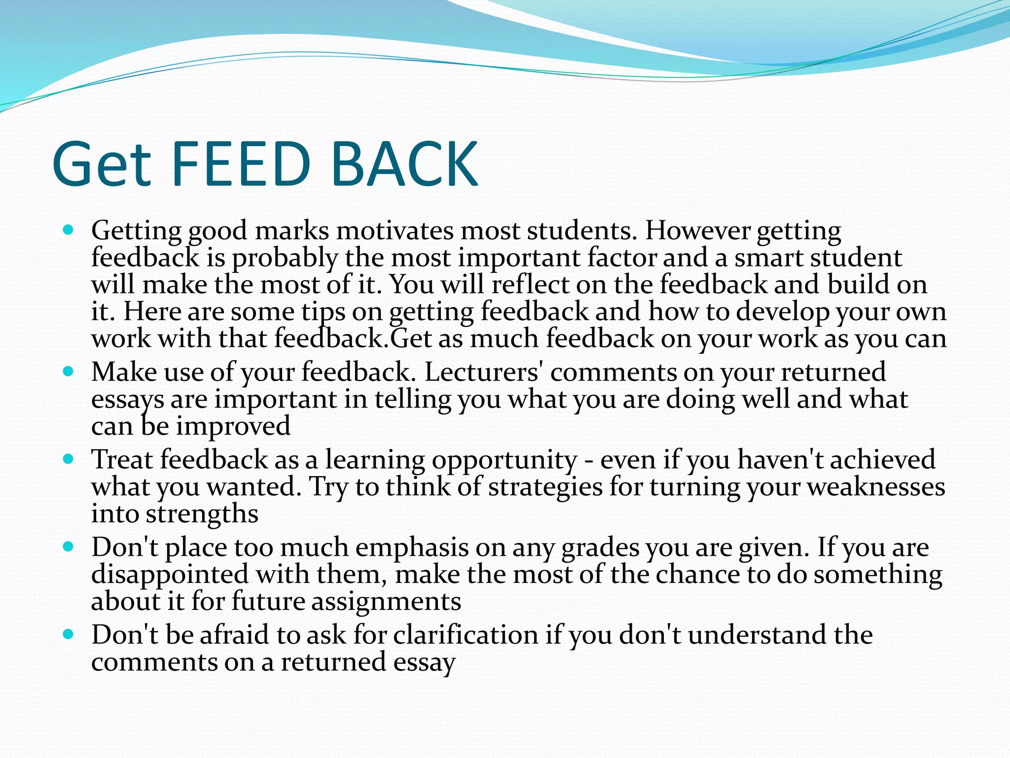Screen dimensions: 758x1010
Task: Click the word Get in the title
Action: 101,164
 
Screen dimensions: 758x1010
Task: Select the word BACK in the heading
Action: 404,164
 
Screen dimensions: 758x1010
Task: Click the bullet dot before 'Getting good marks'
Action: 69,230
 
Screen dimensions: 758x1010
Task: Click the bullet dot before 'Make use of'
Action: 69,372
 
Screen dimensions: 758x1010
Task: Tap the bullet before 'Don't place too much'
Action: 69,547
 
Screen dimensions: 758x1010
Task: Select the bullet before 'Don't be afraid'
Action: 69,635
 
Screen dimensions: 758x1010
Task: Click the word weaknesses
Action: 876,487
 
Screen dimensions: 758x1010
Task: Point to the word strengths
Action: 202,514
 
